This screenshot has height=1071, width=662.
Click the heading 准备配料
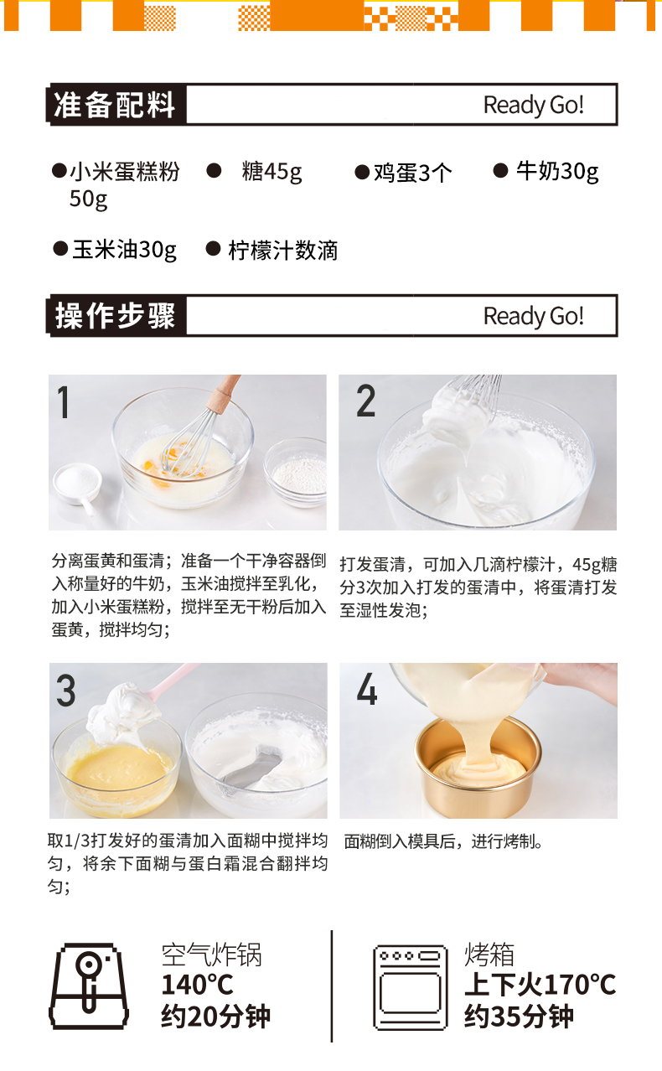click(x=114, y=105)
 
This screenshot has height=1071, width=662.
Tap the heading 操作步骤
click(x=115, y=316)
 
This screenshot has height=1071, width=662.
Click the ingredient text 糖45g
click(x=272, y=172)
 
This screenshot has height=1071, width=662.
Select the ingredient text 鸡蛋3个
click(x=412, y=173)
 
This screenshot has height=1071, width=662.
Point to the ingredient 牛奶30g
click(x=557, y=171)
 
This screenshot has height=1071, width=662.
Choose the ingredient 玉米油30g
click(x=124, y=250)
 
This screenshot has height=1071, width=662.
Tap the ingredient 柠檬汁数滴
click(x=282, y=250)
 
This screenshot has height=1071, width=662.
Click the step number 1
click(x=63, y=402)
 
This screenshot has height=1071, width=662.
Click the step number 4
click(x=366, y=689)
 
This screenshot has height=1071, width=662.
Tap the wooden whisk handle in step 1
click(x=224, y=392)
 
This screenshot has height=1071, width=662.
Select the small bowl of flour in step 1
click(x=296, y=472)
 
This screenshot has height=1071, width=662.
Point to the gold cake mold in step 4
click(x=478, y=766)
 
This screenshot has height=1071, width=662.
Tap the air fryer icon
click(x=89, y=986)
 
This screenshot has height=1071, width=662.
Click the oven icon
click(x=410, y=986)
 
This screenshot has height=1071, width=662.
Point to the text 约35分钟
click(x=519, y=1016)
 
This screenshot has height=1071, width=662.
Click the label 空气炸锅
click(x=211, y=955)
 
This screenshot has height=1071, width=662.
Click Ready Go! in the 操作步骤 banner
click(x=534, y=316)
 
